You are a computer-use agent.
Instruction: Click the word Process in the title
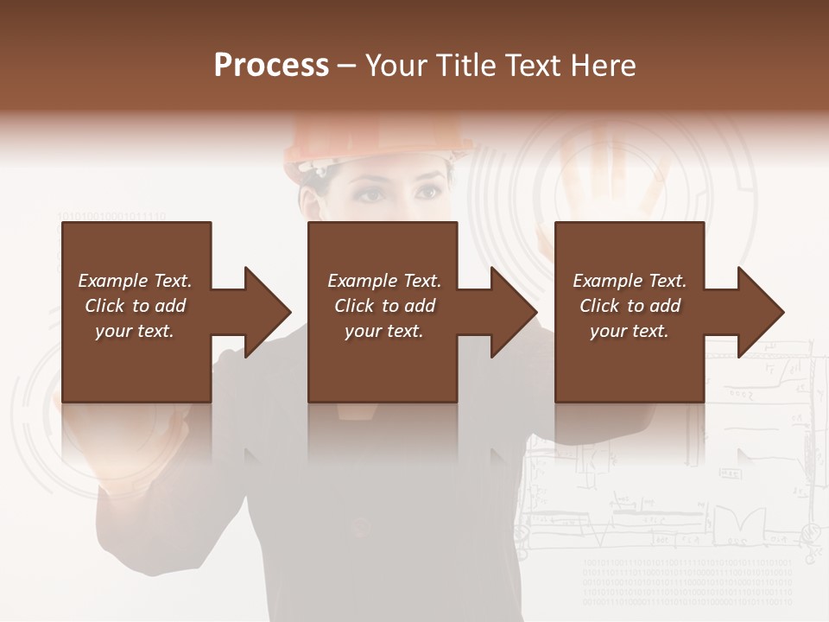tap(271, 66)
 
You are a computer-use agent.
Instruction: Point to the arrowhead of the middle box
tap(513, 312)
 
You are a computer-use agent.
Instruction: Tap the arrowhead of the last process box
tap(760, 312)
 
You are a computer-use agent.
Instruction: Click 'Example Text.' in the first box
tap(135, 281)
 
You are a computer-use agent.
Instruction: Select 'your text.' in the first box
tap(135, 331)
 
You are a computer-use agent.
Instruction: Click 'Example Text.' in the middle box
tap(384, 281)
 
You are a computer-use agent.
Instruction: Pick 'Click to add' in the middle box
tap(384, 306)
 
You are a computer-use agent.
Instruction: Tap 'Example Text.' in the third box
tap(630, 281)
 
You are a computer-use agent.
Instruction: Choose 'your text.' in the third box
tap(630, 331)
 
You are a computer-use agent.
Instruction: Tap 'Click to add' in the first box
tap(135, 306)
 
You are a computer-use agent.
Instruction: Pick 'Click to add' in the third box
tap(630, 306)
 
